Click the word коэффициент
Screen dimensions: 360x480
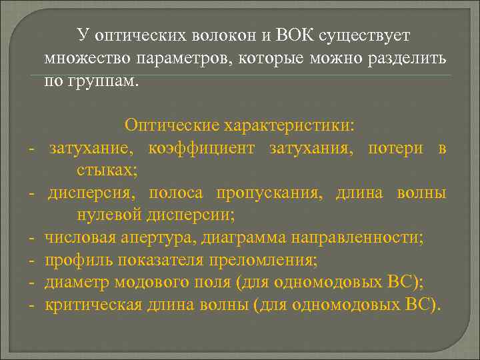pyautogui.click(x=201, y=148)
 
